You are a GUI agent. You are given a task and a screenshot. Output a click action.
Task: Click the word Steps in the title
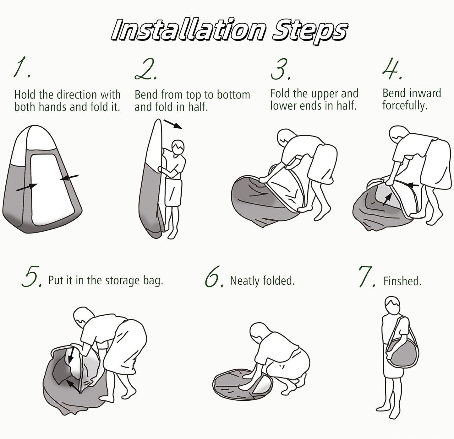(309, 32)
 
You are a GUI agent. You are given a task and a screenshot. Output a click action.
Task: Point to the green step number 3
(281, 69)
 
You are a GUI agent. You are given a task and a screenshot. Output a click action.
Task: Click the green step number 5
(32, 277)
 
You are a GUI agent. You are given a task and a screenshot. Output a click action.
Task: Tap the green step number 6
(214, 277)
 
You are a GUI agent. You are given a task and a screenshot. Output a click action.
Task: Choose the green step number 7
(367, 277)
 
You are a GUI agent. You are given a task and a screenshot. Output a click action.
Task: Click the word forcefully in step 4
(405, 105)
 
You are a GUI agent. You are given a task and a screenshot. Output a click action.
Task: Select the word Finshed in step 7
(402, 281)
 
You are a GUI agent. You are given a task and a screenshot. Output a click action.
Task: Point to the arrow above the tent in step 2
(173, 124)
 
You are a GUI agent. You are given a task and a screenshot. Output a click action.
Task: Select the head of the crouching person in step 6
(259, 332)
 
